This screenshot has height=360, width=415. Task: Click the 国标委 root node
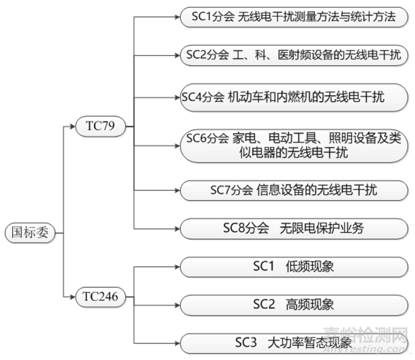click(30, 233)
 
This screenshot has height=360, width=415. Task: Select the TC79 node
click(100, 127)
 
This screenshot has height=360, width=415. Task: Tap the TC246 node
click(100, 297)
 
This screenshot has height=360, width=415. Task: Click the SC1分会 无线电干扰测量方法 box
click(294, 17)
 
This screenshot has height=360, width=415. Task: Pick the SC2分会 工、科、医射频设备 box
click(294, 56)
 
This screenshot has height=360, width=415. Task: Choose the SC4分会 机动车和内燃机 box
click(294, 96)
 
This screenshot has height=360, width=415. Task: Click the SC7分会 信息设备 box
click(294, 190)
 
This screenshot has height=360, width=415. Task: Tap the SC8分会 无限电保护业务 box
click(294, 229)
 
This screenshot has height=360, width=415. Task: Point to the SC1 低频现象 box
click(294, 267)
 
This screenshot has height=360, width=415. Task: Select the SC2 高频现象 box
click(294, 304)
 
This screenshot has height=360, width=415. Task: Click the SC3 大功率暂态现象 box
click(294, 343)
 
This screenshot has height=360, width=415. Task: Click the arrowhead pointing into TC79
click(73, 127)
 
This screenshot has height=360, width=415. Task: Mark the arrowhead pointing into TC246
click(73, 297)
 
